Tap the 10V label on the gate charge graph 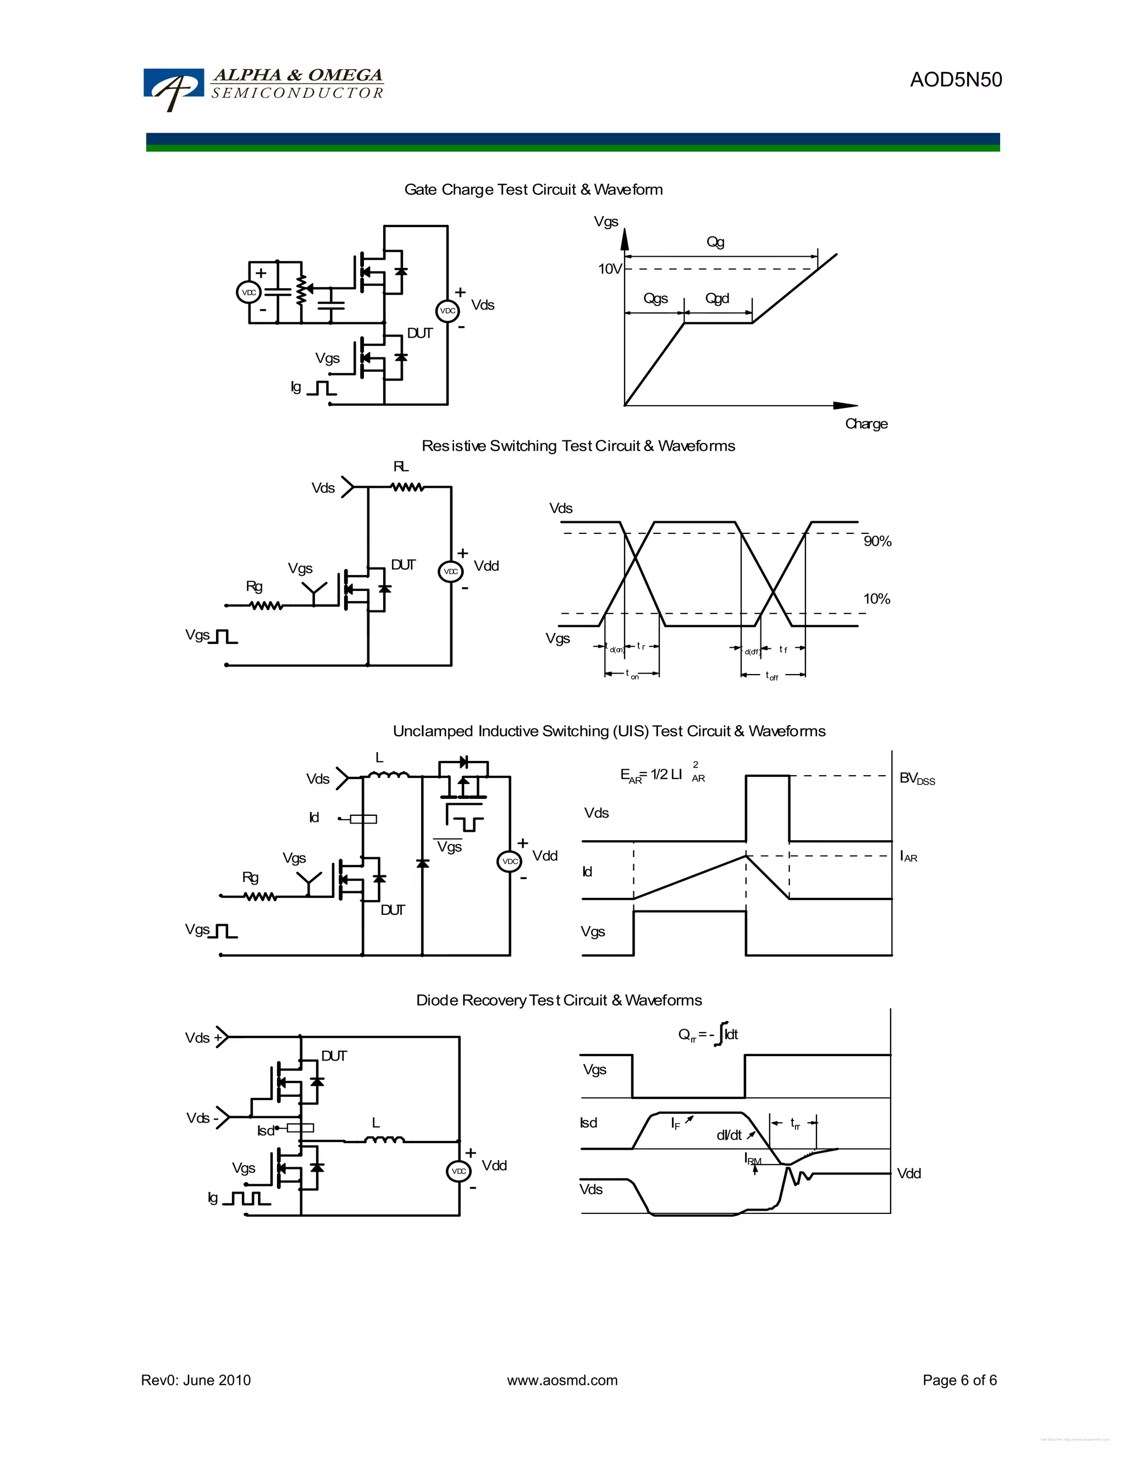coord(609,269)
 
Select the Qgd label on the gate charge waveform coord(717,298)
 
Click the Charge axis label coord(866,423)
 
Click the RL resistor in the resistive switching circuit coord(407,487)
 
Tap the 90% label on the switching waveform coord(877,541)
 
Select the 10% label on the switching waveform coord(876,598)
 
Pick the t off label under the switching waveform coord(772,676)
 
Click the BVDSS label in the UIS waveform coord(917,778)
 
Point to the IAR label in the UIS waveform coord(908,856)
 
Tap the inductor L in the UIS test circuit coord(388,775)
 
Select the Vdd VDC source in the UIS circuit coord(510,861)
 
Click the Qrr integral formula coord(708,1035)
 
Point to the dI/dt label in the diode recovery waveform coord(729,1135)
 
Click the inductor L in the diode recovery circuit coord(384,1140)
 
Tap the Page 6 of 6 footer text coord(959,1380)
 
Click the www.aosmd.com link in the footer coord(562,1380)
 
